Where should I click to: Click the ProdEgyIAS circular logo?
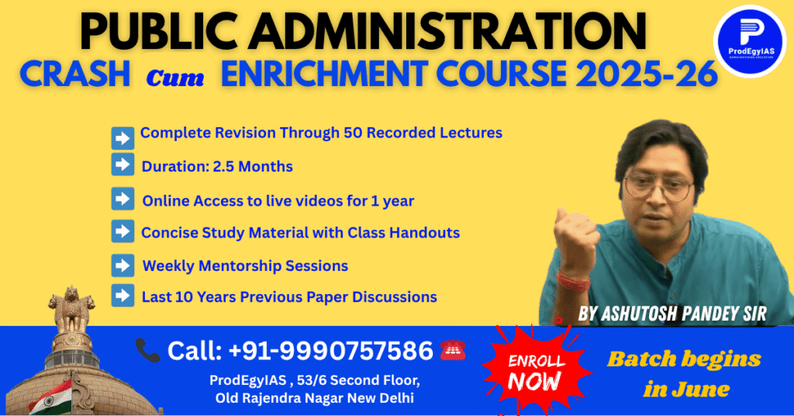[748, 41]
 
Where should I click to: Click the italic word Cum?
[174, 76]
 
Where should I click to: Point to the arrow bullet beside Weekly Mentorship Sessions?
[123, 265]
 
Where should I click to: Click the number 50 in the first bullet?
[350, 133]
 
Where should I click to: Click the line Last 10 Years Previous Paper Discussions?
[288, 296]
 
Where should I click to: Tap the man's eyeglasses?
[658, 185]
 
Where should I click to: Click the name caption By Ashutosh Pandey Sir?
[671, 314]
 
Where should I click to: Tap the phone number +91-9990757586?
[331, 351]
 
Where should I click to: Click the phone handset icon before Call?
[147, 350]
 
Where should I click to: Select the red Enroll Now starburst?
[534, 370]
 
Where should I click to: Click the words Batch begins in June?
[683, 373]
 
